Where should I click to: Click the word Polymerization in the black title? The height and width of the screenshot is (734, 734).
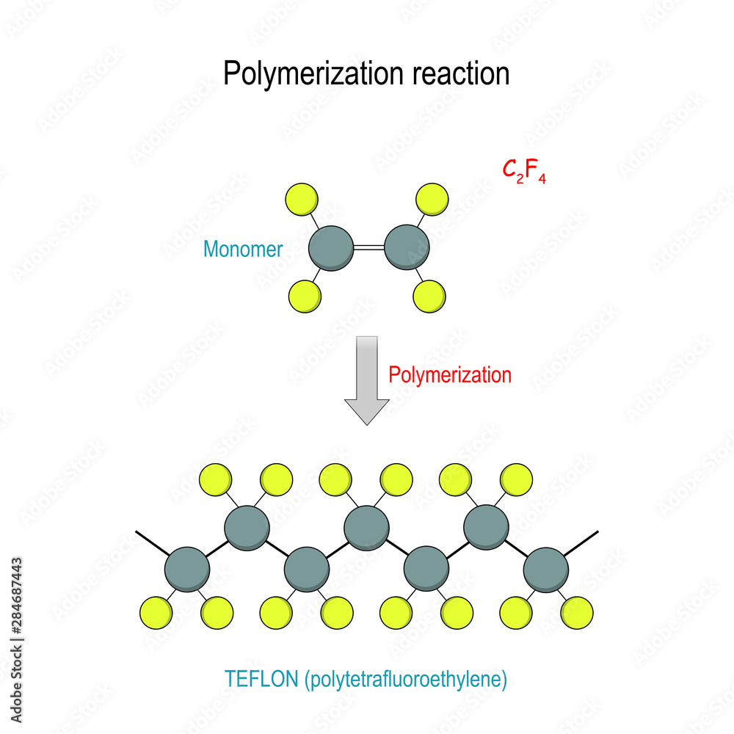click(313, 74)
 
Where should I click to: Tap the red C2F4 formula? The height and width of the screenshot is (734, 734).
click(524, 171)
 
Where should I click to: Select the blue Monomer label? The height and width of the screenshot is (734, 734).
click(243, 249)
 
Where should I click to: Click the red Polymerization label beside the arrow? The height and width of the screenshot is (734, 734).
click(450, 375)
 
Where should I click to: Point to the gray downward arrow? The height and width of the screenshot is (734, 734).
click(367, 380)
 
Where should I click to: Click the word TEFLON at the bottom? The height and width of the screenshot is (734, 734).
click(261, 679)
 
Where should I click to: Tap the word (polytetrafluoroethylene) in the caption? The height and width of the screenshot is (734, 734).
click(406, 680)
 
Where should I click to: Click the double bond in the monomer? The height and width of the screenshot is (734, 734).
click(369, 247)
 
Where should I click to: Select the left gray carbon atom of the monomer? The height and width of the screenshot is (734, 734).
click(331, 248)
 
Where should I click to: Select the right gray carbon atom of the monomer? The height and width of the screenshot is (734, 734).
click(407, 247)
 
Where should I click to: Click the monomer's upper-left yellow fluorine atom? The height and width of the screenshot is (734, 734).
click(302, 200)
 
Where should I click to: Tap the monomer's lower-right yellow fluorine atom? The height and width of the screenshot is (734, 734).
click(429, 297)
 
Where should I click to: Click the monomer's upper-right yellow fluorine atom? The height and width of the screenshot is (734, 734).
click(432, 200)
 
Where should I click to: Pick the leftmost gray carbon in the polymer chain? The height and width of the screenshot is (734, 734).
click(187, 570)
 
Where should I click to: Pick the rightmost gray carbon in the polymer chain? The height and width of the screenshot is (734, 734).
click(546, 570)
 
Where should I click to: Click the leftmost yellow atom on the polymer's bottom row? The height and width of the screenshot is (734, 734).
click(156, 613)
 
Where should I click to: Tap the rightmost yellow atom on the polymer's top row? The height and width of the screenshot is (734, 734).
click(516, 480)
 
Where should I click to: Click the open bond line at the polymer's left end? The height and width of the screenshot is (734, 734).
click(152, 543)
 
